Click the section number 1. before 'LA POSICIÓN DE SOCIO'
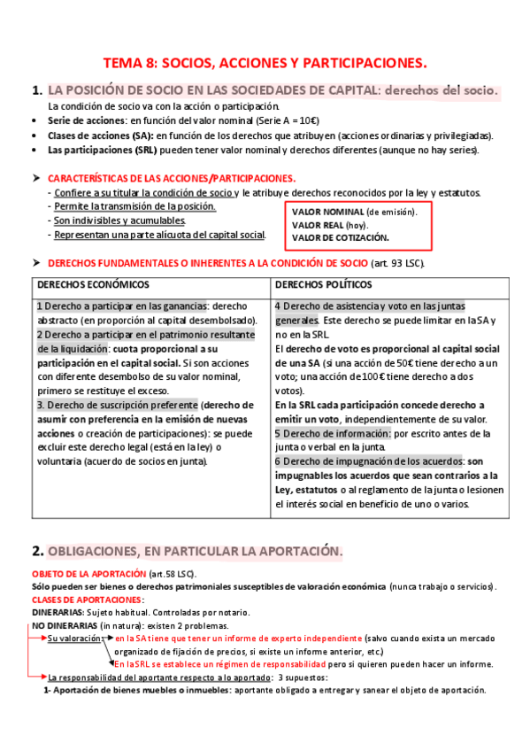coord(36,90)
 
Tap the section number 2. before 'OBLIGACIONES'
coord(36,551)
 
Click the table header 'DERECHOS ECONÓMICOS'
coord(93,285)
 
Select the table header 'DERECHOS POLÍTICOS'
coord(323,285)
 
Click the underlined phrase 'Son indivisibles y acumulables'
coord(119,221)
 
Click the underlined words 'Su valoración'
coord(75,638)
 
